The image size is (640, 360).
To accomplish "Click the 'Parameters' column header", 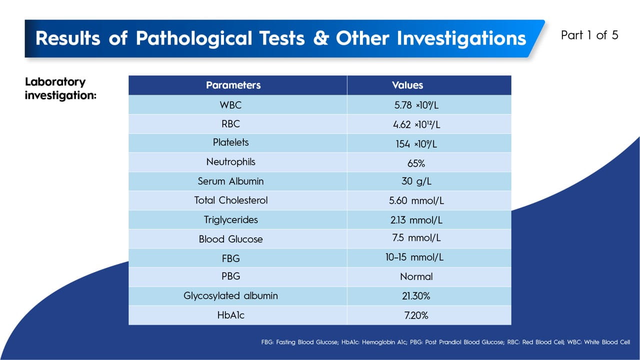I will (233, 85).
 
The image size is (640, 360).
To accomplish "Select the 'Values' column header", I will (407, 85).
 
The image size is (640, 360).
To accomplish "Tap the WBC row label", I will (230, 105).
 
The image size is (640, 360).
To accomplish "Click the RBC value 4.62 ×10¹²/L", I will (416, 124).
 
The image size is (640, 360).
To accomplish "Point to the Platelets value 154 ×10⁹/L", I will (416, 144).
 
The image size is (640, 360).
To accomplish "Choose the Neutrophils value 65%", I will (416, 163).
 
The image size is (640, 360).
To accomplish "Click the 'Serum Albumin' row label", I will (230, 181).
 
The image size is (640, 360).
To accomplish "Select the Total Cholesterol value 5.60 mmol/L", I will (416, 201).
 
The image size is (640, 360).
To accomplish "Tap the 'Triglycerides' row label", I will (230, 219).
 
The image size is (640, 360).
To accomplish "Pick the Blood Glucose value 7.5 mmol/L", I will (416, 238).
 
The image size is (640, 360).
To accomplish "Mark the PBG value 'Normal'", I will (416, 276).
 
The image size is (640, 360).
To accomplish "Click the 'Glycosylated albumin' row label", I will (230, 295).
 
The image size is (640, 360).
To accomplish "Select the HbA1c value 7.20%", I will (416, 315).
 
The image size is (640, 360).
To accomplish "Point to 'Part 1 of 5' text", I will (589, 35).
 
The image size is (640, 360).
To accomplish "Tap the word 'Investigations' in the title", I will (431, 38).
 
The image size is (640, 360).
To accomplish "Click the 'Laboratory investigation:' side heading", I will (60, 88).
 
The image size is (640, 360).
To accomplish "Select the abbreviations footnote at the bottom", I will (445, 342).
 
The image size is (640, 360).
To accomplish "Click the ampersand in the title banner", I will (321, 38).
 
